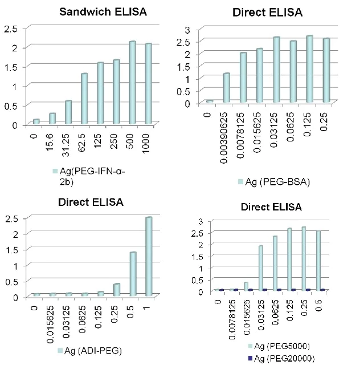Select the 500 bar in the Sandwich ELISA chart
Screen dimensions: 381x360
[x=132, y=83]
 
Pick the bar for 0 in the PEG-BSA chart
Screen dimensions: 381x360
[x=210, y=101]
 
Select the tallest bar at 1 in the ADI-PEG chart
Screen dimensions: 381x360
[x=148, y=257]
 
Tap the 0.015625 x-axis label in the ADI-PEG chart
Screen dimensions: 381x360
[x=52, y=322]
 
